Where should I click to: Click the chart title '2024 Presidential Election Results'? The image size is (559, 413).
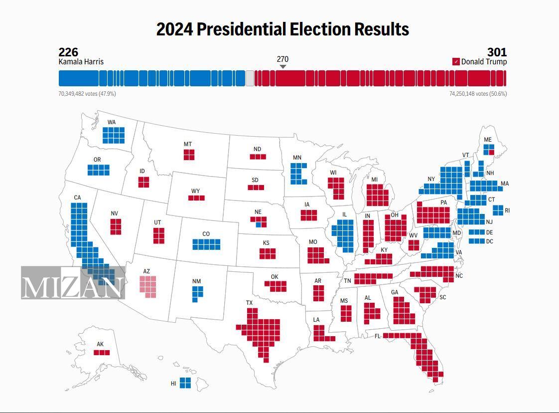[x=282, y=29]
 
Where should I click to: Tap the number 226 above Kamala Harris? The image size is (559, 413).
[x=68, y=52]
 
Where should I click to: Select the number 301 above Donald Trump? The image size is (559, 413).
[x=497, y=52]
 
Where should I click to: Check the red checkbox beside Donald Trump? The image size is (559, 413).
[x=456, y=62]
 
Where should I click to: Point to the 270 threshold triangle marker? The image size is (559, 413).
[x=283, y=67]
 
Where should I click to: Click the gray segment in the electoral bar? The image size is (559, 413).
[x=250, y=78]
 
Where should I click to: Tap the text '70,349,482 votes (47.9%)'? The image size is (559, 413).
[x=87, y=94]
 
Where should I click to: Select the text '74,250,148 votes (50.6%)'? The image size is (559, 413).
[x=478, y=94]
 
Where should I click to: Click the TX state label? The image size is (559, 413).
[x=250, y=303]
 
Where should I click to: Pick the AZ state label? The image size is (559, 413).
[x=146, y=271]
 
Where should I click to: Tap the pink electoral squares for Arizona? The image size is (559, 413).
[x=148, y=286]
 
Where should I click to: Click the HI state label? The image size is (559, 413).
[x=173, y=384]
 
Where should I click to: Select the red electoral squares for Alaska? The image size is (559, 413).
[x=102, y=353]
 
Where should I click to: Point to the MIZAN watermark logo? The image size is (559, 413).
[x=73, y=283]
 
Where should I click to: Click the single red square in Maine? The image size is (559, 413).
[x=491, y=152]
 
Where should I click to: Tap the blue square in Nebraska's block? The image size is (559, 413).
[x=259, y=224]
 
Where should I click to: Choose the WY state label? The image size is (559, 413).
[x=196, y=191]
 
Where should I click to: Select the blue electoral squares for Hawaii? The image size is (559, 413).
[x=185, y=383]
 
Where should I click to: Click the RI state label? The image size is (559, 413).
[x=507, y=210]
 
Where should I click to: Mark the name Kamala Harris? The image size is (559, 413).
[x=81, y=62]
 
